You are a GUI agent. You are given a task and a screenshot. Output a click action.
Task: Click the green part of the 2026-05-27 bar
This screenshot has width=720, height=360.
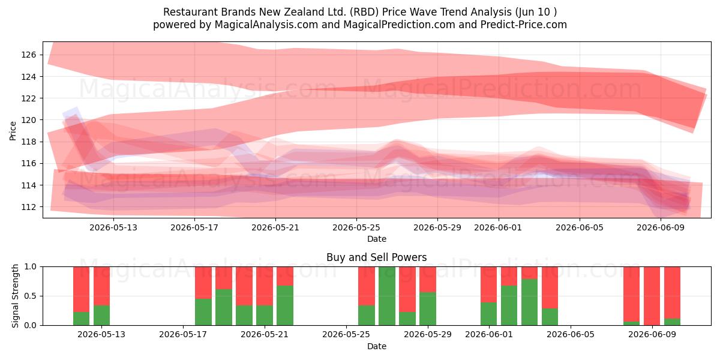pos(387,296)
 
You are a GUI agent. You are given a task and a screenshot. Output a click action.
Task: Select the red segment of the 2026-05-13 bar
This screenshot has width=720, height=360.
pos(101,286)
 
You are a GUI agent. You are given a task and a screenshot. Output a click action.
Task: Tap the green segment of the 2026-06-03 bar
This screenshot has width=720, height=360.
pos(529,302)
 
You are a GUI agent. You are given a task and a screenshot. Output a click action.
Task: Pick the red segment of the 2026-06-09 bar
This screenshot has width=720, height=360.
pos(652,296)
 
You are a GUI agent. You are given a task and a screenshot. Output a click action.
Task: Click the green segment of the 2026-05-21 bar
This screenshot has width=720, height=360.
pos(285,305)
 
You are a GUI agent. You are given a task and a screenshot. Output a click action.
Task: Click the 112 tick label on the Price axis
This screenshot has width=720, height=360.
pos(28,207)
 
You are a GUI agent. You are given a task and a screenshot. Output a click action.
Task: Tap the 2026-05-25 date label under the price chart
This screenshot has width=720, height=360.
pos(356,227)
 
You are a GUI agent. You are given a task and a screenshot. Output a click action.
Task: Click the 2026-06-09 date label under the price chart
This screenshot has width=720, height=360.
pos(661,227)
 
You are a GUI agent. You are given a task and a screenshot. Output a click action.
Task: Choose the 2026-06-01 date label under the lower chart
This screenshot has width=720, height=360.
pos(489,334)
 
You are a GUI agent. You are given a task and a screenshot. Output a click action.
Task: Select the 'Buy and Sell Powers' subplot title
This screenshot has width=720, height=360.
pos(376,257)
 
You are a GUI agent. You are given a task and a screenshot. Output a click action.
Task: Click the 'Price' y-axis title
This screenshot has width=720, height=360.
pos(13,131)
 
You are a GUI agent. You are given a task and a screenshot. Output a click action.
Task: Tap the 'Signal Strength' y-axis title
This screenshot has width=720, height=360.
pos(15,296)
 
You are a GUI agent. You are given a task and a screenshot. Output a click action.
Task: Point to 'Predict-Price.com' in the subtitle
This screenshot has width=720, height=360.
pos(524,25)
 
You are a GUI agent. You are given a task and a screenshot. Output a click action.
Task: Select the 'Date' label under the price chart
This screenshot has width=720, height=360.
pos(377,239)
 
